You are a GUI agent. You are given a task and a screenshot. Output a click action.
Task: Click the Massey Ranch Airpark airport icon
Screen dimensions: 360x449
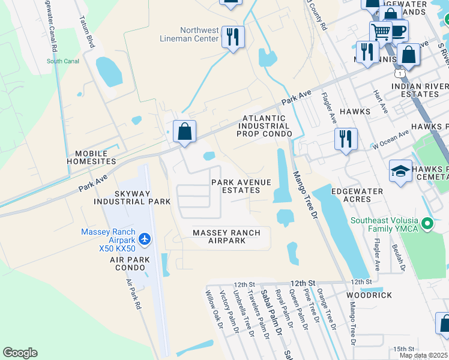click(x=144, y=239)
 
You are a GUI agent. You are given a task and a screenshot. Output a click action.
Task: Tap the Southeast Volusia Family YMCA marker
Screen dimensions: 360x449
click(x=427, y=224)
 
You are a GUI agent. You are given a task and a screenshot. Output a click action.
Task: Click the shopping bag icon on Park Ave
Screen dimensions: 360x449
click(x=185, y=131)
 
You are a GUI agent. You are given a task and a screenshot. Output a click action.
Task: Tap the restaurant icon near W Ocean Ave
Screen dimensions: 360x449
click(x=346, y=139)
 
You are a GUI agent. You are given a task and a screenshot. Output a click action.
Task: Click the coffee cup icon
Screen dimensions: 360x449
click(x=397, y=30)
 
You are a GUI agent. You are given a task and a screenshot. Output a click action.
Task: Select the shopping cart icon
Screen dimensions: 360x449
click(x=381, y=31)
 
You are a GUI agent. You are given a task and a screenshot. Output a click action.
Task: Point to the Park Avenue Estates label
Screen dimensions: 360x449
click(x=241, y=186)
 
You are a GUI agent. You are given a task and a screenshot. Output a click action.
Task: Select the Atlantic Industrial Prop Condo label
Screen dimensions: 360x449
click(x=264, y=126)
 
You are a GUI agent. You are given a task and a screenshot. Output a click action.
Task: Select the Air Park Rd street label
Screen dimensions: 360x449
click(x=133, y=293)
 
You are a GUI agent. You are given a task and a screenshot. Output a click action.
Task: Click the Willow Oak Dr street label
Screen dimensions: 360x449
click(x=214, y=310)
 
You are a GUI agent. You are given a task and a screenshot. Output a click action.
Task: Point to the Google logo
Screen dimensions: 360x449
click(x=20, y=353)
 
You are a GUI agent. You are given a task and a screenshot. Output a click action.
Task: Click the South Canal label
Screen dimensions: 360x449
click(x=62, y=61)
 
